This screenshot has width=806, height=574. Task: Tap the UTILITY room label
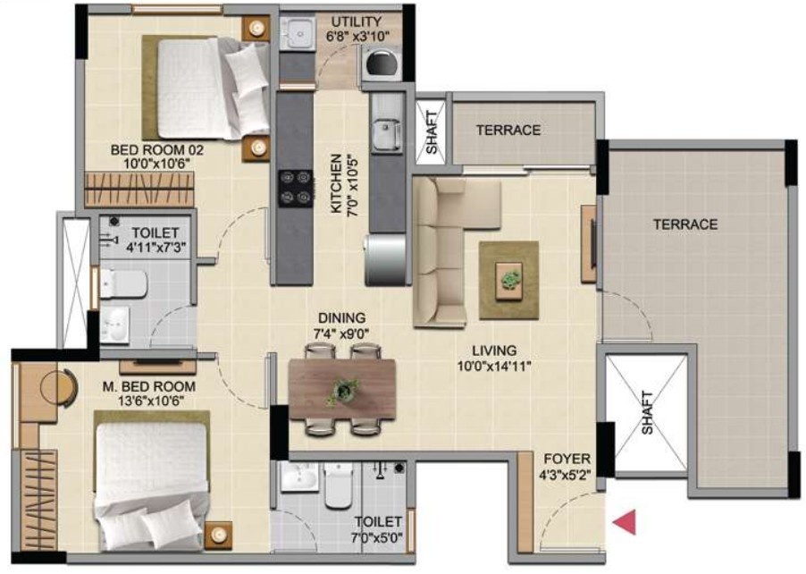pyautogui.click(x=357, y=21)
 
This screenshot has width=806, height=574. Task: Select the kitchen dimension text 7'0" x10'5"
pyautogui.click(x=353, y=185)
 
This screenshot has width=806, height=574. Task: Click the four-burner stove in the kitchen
pyautogui.click(x=296, y=189)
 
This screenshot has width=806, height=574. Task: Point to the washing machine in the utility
pyautogui.click(x=381, y=63)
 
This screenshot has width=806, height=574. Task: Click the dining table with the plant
pyautogui.click(x=342, y=389)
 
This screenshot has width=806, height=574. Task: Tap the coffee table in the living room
pyautogui.click(x=509, y=281)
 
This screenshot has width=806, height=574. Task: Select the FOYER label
pyautogui.click(x=567, y=459)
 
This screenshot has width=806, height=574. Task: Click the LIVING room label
pyautogui.click(x=494, y=350)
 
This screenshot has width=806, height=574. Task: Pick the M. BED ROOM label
pyautogui.click(x=149, y=387)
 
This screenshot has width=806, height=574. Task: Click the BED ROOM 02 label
pyautogui.click(x=157, y=150)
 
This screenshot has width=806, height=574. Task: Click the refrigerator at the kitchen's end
pyautogui.click(x=386, y=260)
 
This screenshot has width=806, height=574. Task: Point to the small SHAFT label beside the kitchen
pyautogui.click(x=432, y=132)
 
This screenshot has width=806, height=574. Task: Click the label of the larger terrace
pyautogui.click(x=685, y=224)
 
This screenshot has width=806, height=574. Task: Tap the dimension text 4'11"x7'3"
pyautogui.click(x=155, y=248)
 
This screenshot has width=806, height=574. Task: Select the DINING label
pyautogui.click(x=342, y=318)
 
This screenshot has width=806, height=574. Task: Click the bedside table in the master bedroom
pyautogui.click(x=218, y=536)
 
